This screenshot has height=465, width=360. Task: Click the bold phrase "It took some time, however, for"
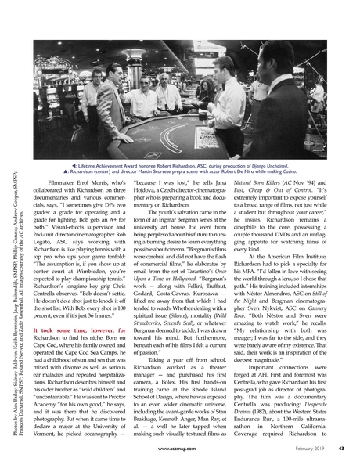pos(79,354)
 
